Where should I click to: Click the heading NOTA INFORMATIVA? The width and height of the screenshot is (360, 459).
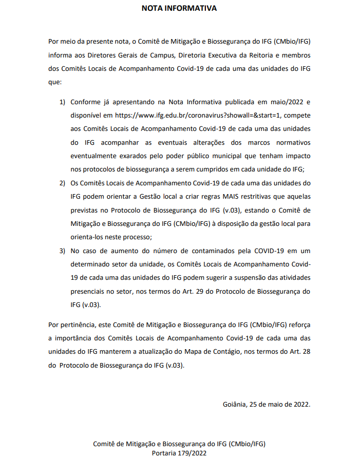pyautogui.click(x=179, y=9)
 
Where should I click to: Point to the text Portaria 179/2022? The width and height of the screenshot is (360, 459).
pyautogui.click(x=179, y=452)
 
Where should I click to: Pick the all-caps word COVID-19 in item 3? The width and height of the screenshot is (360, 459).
pyautogui.click(x=267, y=251)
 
